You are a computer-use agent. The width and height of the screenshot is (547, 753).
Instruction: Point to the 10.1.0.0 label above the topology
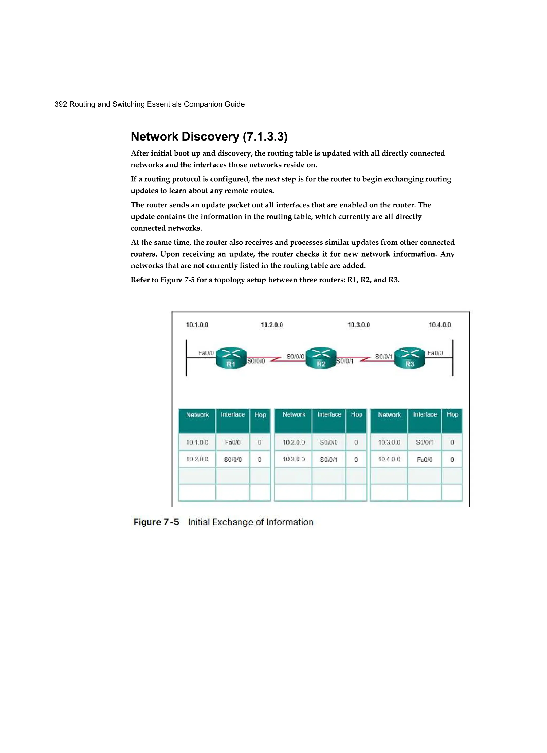point(197,325)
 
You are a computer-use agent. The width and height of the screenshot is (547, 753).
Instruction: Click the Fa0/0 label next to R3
point(435,353)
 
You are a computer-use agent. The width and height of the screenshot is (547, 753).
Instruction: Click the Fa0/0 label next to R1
point(206,353)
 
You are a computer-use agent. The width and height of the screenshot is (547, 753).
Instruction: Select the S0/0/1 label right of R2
point(345,361)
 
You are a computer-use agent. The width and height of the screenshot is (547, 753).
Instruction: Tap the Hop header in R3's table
point(452,414)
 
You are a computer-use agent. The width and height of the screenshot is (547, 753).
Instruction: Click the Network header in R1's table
point(197,415)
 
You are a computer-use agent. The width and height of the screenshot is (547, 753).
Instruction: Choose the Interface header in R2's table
point(329,414)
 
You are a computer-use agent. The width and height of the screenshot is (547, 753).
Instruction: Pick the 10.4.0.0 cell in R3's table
point(389,459)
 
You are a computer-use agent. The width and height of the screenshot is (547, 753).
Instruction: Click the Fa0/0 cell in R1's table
point(233,442)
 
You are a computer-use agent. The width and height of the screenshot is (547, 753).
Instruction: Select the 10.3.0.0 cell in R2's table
point(294,459)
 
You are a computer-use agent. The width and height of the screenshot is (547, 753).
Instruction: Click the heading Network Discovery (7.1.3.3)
point(209,137)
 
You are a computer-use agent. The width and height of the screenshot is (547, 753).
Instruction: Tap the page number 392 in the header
point(61,104)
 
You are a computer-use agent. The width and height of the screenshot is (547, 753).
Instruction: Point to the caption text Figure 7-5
point(156,522)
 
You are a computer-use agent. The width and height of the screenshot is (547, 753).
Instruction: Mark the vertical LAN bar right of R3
point(452,358)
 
